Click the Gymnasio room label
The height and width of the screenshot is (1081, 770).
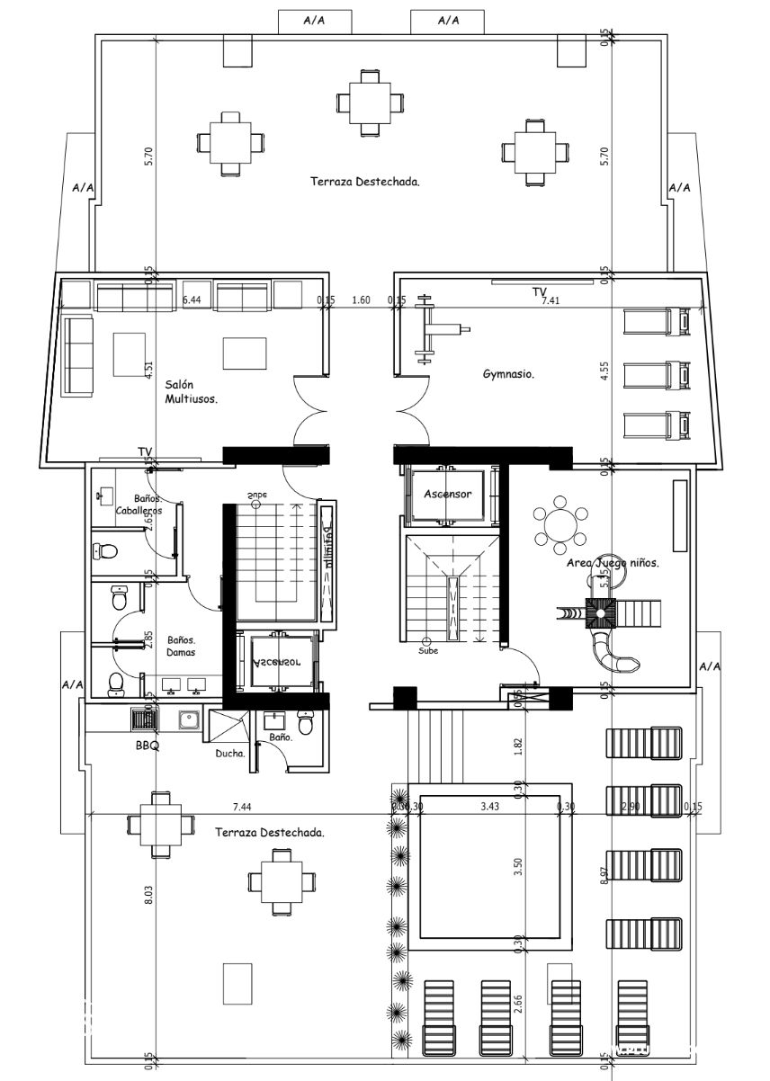click(x=508, y=373)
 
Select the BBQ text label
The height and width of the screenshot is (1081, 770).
click(x=147, y=746)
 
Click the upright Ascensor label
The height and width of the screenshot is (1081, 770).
click(x=447, y=494)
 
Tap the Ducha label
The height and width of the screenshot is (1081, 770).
click(x=230, y=754)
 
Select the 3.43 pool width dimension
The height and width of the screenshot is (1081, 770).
click(x=489, y=807)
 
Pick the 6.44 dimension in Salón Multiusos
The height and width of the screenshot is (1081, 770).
click(x=192, y=300)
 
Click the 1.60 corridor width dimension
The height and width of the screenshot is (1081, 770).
click(x=361, y=300)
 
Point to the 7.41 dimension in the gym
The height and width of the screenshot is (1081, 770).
click(x=551, y=301)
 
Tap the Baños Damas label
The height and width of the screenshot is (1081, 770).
click(x=182, y=646)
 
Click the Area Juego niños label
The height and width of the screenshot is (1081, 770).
click(x=613, y=563)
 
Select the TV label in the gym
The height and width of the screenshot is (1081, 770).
click(x=539, y=292)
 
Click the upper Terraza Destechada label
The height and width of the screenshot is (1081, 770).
click(x=365, y=181)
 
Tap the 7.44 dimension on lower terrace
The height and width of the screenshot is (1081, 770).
click(x=241, y=807)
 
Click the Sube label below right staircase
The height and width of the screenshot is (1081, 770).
click(x=428, y=650)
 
